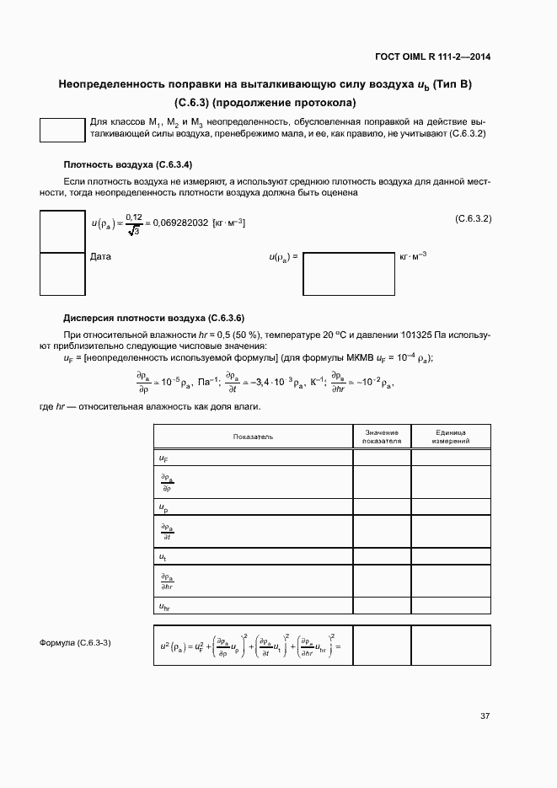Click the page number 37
(485, 716)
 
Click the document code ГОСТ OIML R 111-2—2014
(432, 57)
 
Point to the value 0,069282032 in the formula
(179, 222)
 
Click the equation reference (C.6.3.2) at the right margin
(473, 218)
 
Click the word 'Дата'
(100, 256)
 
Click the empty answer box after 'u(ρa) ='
(348, 271)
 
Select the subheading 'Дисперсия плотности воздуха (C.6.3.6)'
(154, 318)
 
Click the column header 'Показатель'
(253, 437)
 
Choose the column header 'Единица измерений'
(450, 437)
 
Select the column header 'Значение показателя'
(382, 437)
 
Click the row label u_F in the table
(163, 458)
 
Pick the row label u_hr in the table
(165, 606)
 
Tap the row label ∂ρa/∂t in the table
(167, 532)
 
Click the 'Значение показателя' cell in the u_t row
(382, 557)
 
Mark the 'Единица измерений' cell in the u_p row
(450, 507)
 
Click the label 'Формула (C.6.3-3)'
(75, 643)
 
